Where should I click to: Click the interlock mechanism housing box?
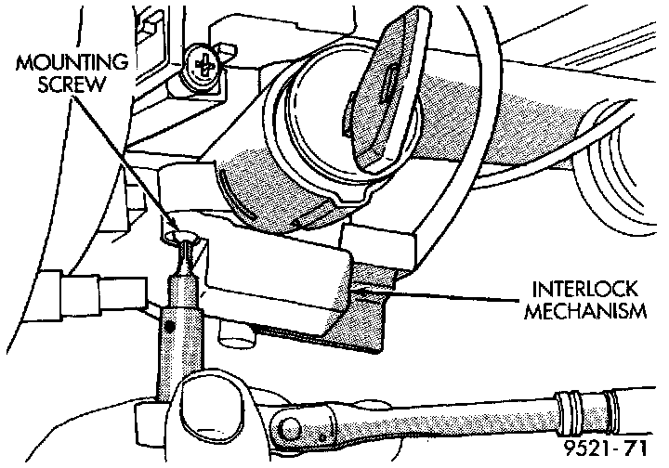[x=279, y=279]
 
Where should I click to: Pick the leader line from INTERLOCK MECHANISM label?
[x=446, y=295]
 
